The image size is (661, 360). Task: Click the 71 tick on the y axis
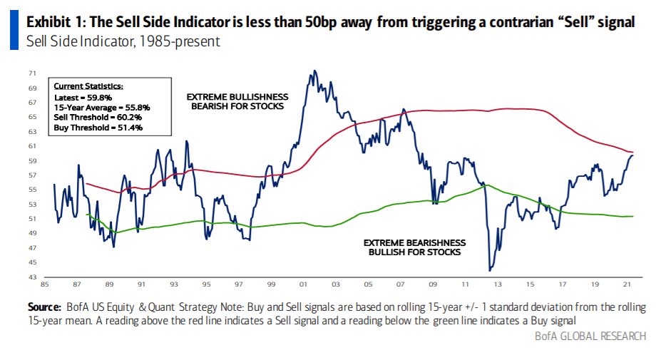(x=32, y=73)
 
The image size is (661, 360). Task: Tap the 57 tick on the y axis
(x=32, y=175)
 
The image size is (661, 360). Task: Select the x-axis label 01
(x=303, y=283)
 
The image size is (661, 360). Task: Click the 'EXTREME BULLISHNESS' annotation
(x=237, y=96)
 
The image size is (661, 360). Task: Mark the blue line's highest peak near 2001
(x=314, y=71)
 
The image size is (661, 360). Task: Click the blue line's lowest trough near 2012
(x=490, y=270)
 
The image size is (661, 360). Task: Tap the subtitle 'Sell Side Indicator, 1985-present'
(x=123, y=41)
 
